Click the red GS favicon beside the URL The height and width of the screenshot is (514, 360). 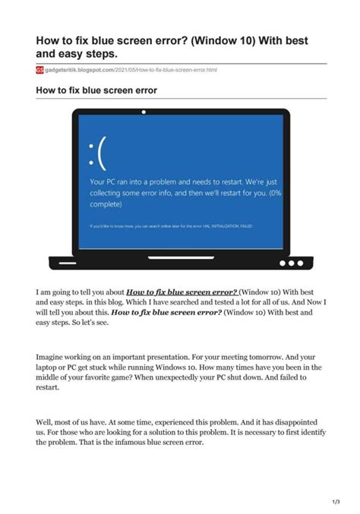coord(40,70)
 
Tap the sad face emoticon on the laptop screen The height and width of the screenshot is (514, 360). coord(97,151)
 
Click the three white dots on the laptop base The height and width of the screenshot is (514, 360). coord(291,263)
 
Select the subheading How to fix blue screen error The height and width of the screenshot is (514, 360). coord(96,90)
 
